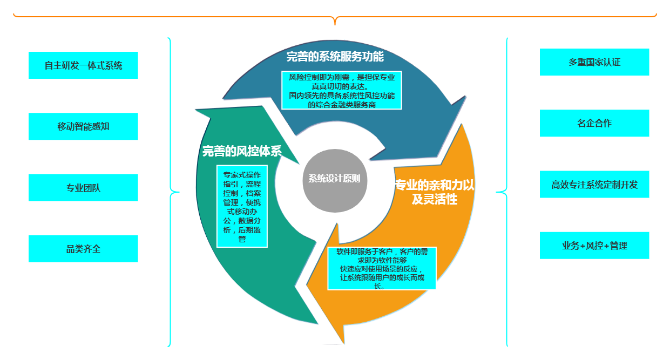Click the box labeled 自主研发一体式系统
[x=83, y=65]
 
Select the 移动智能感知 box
[x=83, y=126]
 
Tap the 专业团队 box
[x=83, y=188]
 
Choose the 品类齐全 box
[x=83, y=249]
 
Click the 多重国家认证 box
[x=594, y=62]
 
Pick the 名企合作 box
[x=594, y=123]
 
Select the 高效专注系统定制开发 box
[x=594, y=184]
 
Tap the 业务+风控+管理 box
[x=594, y=246]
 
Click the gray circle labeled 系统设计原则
[x=334, y=179]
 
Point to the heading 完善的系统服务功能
[x=335, y=56]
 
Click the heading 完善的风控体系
[x=242, y=152]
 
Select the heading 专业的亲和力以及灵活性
[x=434, y=192]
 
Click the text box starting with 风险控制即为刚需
[x=341, y=90]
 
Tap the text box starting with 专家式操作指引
[x=242, y=206]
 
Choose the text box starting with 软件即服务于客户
[x=382, y=269]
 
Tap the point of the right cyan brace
[x=497, y=192]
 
